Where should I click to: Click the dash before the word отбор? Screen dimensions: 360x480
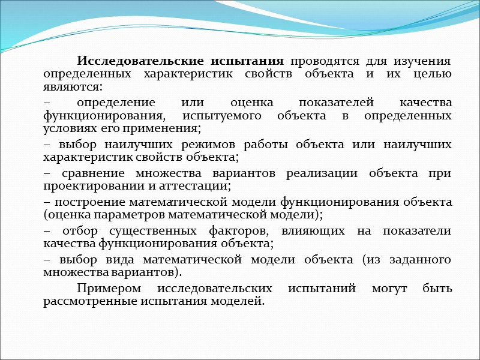[47, 231]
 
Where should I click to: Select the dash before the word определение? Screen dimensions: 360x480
[47, 103]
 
